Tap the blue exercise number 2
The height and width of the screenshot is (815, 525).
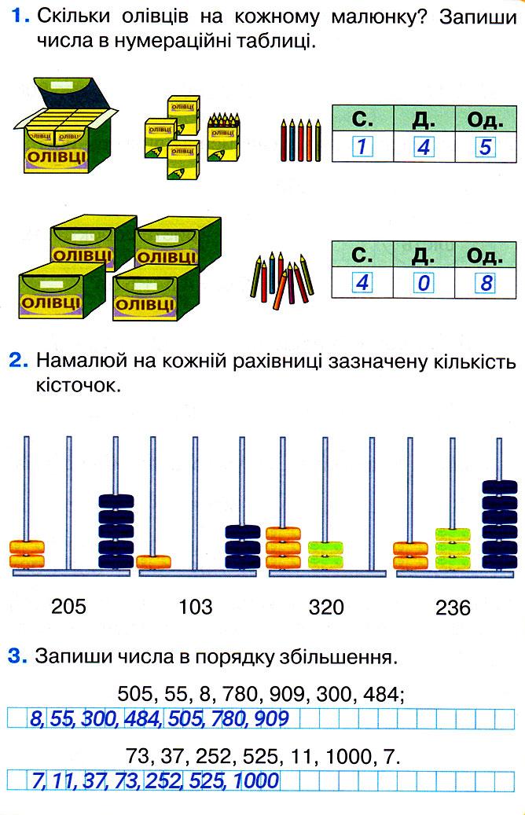click(18, 362)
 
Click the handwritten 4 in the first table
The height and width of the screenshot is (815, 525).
click(423, 147)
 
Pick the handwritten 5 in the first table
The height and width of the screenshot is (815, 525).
click(485, 147)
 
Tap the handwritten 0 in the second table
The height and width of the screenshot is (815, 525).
click(423, 282)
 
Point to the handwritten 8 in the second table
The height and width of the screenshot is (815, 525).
click(485, 282)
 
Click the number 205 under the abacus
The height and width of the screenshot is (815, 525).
click(69, 606)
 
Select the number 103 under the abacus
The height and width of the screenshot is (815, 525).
click(195, 606)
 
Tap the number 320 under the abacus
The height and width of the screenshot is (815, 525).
click(326, 607)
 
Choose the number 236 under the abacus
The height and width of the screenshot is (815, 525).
click(453, 608)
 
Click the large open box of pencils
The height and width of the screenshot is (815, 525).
click(64, 127)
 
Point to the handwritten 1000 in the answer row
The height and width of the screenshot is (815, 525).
click(255, 780)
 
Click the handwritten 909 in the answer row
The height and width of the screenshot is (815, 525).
click(271, 718)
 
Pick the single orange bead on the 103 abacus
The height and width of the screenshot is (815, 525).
click(153, 562)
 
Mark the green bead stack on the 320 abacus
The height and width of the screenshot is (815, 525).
click(325, 553)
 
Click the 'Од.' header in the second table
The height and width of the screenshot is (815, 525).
click(485, 255)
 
